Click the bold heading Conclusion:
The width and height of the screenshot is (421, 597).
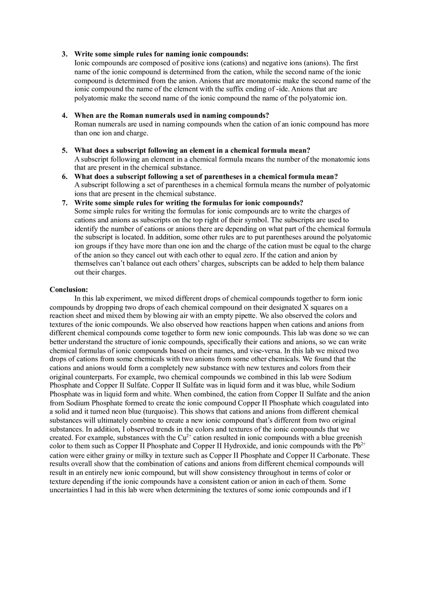(68, 290)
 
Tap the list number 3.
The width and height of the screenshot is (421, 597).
(64, 54)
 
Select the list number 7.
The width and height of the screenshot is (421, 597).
(64, 203)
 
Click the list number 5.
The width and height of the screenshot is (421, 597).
(64, 150)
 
